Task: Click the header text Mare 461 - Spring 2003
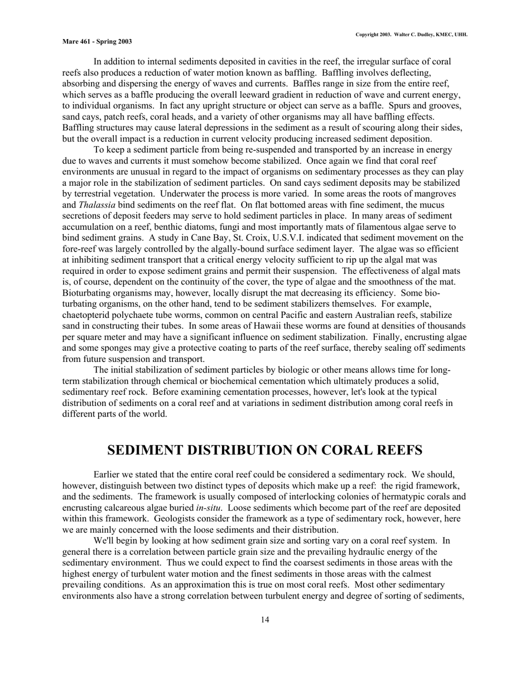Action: click(x=97, y=42)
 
